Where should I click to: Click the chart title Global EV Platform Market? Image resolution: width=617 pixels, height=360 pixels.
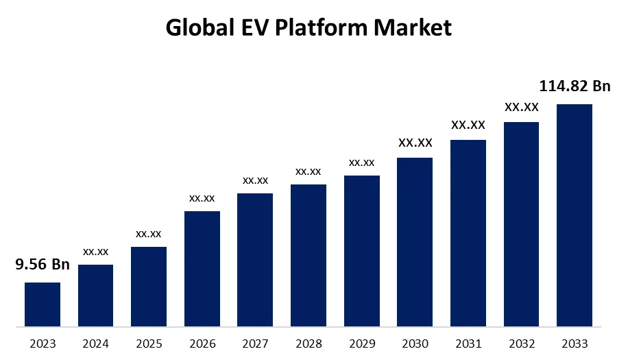click(x=308, y=28)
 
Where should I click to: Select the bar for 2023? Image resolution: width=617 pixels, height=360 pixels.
click(x=43, y=304)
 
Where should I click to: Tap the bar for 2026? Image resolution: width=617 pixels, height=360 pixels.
click(x=202, y=268)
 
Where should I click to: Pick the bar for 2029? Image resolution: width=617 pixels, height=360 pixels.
click(x=361, y=250)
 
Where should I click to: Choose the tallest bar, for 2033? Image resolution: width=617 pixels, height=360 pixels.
click(x=574, y=215)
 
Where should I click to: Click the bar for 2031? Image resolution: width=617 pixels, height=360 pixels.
click(x=468, y=232)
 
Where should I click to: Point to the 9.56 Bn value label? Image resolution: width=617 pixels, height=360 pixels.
click(x=43, y=265)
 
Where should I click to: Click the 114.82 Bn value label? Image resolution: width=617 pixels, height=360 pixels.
click(x=574, y=86)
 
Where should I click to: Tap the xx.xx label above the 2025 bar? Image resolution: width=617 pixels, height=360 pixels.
click(x=149, y=234)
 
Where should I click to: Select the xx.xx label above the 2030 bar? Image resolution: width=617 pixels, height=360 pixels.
click(x=415, y=143)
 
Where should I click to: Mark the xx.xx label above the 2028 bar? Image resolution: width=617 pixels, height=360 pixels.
click(x=308, y=171)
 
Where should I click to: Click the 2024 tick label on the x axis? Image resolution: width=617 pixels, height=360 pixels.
click(x=96, y=344)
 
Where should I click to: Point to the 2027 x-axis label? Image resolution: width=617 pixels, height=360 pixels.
click(x=255, y=344)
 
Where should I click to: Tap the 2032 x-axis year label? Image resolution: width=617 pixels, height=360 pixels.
click(x=521, y=344)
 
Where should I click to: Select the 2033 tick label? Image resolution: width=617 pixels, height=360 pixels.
click(x=574, y=344)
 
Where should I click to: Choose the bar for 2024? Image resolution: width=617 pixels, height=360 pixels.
click(x=96, y=295)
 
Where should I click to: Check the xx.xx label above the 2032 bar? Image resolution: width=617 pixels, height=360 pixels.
click(x=521, y=107)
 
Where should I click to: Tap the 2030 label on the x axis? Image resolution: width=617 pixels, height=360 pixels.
click(x=415, y=344)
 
